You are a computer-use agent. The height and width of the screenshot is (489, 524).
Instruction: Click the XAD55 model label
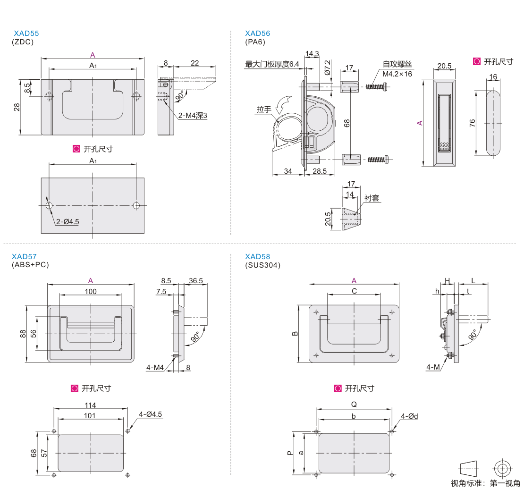click(26, 34)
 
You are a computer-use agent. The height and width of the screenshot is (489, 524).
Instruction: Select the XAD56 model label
click(257, 33)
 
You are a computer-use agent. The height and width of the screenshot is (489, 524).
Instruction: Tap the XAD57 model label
click(24, 257)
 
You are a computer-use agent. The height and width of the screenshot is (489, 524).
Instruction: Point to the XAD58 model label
click(257, 257)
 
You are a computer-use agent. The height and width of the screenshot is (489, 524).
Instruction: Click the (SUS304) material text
click(262, 265)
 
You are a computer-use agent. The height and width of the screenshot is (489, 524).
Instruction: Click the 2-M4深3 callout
click(193, 116)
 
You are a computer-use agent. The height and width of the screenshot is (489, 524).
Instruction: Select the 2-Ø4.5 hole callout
click(68, 221)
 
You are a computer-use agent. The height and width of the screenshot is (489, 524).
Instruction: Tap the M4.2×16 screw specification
click(397, 74)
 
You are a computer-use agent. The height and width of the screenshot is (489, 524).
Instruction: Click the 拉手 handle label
click(264, 110)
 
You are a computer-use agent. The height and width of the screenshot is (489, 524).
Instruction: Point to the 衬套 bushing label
click(372, 198)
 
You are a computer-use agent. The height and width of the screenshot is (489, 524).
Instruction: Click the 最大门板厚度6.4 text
click(272, 64)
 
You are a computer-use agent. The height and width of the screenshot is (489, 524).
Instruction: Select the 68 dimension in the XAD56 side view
click(347, 123)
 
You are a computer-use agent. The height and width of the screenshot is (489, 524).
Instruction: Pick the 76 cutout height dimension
click(473, 123)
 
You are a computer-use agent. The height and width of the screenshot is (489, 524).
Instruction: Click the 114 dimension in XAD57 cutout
click(90, 405)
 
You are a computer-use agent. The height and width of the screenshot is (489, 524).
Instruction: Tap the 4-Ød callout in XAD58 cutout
click(409, 416)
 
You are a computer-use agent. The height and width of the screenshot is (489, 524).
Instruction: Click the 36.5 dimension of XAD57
click(195, 280)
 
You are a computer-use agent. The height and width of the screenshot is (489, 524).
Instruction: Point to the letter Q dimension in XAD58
click(354, 404)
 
